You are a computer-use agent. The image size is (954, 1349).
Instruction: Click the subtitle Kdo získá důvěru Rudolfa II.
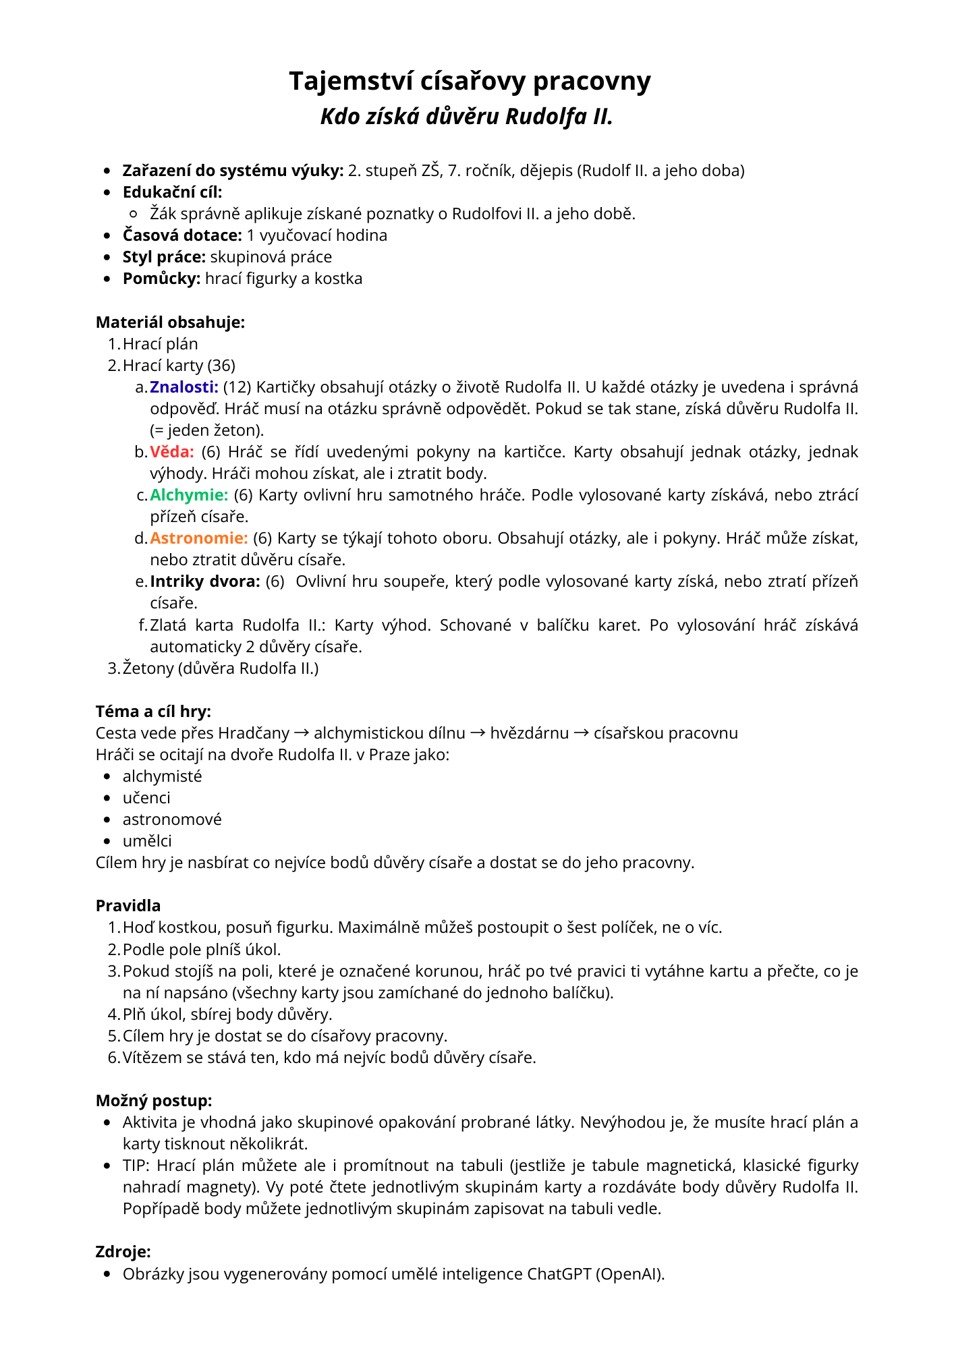(467, 117)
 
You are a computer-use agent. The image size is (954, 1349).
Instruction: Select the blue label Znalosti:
(184, 387)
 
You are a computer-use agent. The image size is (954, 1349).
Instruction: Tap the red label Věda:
(171, 452)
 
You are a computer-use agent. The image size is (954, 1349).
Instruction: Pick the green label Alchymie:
(189, 495)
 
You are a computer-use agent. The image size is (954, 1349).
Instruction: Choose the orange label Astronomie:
(198, 538)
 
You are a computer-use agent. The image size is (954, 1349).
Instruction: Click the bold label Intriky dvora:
(204, 581)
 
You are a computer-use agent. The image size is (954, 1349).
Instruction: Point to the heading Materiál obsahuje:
(170, 322)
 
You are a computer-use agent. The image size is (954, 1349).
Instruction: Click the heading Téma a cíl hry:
(153, 712)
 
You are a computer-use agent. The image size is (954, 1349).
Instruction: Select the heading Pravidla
(128, 906)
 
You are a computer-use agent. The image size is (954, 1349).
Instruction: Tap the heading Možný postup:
(154, 1101)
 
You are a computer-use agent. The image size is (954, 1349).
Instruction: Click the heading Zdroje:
(123, 1252)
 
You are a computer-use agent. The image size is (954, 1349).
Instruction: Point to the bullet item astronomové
(172, 820)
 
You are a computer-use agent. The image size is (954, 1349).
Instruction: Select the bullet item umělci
(147, 841)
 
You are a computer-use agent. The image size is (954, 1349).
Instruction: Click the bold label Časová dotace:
(182, 235)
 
